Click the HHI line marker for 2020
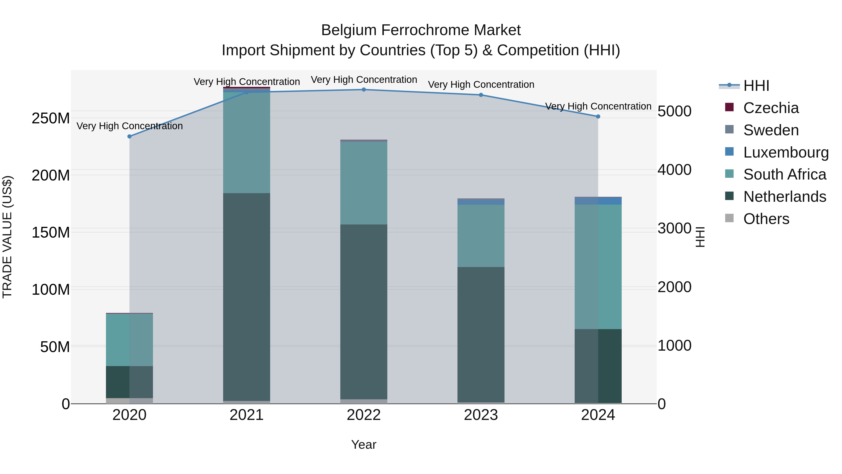[129, 136]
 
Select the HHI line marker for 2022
[364, 90]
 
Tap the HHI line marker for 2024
[598, 117]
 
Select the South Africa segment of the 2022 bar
[364, 183]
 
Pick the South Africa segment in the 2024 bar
[598, 267]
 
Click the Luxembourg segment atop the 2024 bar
[598, 201]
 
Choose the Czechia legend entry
[771, 108]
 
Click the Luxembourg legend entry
[786, 152]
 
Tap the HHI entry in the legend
[756, 86]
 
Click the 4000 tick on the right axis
[674, 170]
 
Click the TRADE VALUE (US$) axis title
[7, 237]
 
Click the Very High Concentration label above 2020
[129, 126]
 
